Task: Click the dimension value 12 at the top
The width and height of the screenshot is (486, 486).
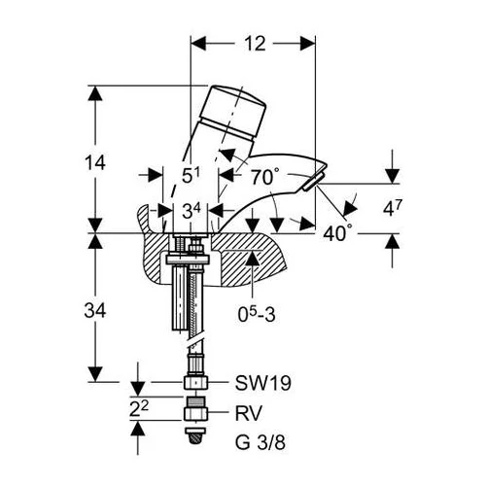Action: click(x=255, y=44)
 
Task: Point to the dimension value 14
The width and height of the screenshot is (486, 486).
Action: click(x=95, y=162)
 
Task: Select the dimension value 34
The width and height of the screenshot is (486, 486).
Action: click(x=95, y=311)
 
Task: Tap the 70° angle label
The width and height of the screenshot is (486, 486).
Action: click(x=264, y=177)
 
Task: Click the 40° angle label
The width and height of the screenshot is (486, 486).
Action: click(x=337, y=232)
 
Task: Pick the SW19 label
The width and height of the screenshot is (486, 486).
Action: click(x=262, y=383)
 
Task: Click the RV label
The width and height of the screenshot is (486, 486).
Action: click(x=248, y=413)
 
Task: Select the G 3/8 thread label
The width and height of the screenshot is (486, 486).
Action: click(x=260, y=442)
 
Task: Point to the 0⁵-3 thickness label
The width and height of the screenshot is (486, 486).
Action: click(x=257, y=314)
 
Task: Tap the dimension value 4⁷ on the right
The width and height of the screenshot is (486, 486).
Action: click(x=393, y=208)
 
